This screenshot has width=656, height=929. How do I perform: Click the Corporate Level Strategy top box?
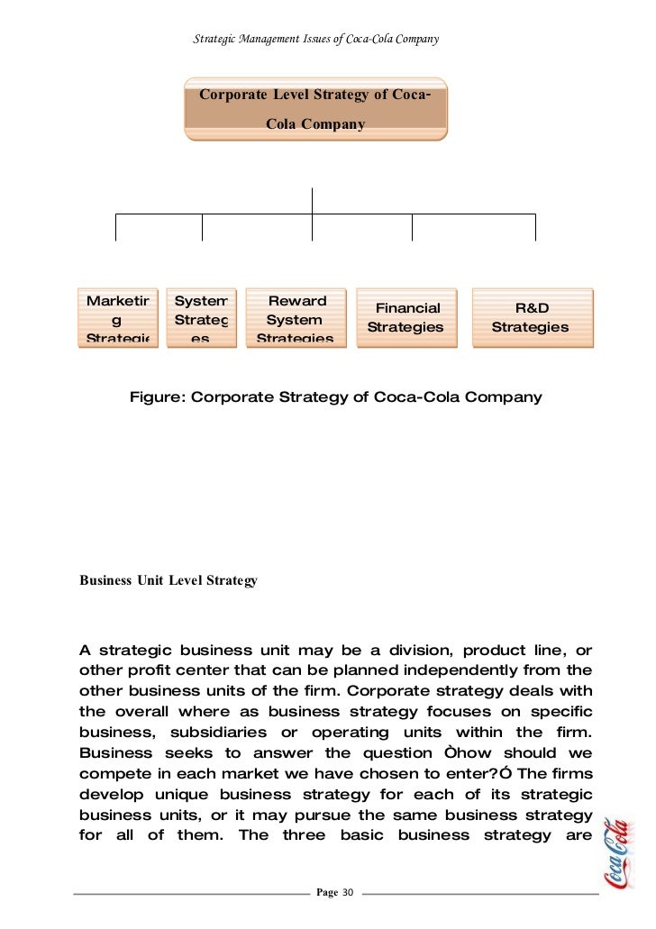[x=314, y=109]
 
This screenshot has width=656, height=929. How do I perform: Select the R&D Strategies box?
[x=530, y=318]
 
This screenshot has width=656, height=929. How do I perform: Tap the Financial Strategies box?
[x=406, y=318]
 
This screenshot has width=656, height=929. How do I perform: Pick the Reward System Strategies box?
[x=296, y=318]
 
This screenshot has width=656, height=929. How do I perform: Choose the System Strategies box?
[x=201, y=318]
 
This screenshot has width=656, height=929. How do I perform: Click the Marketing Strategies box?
[x=118, y=318]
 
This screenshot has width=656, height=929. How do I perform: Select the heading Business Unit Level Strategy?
[x=169, y=581]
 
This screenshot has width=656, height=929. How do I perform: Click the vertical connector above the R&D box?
[x=535, y=227]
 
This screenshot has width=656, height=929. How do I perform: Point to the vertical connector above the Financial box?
[x=412, y=227]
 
